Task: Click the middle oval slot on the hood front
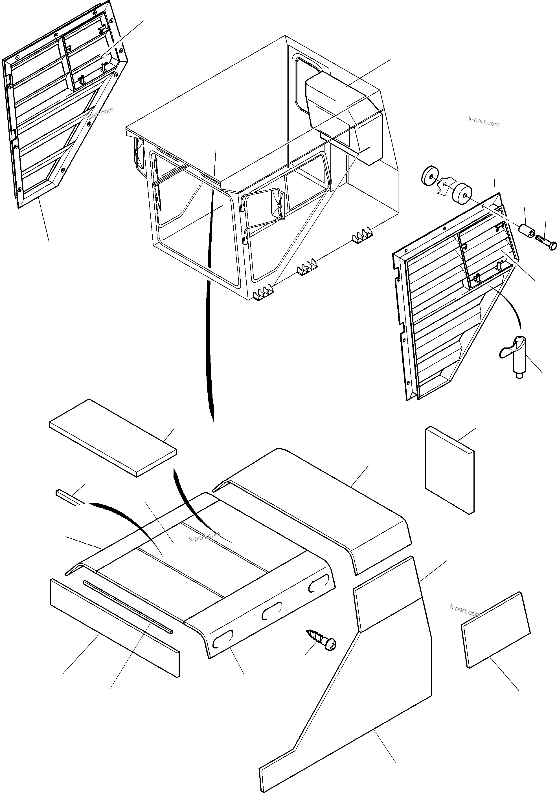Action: pyautogui.click(x=272, y=613)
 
